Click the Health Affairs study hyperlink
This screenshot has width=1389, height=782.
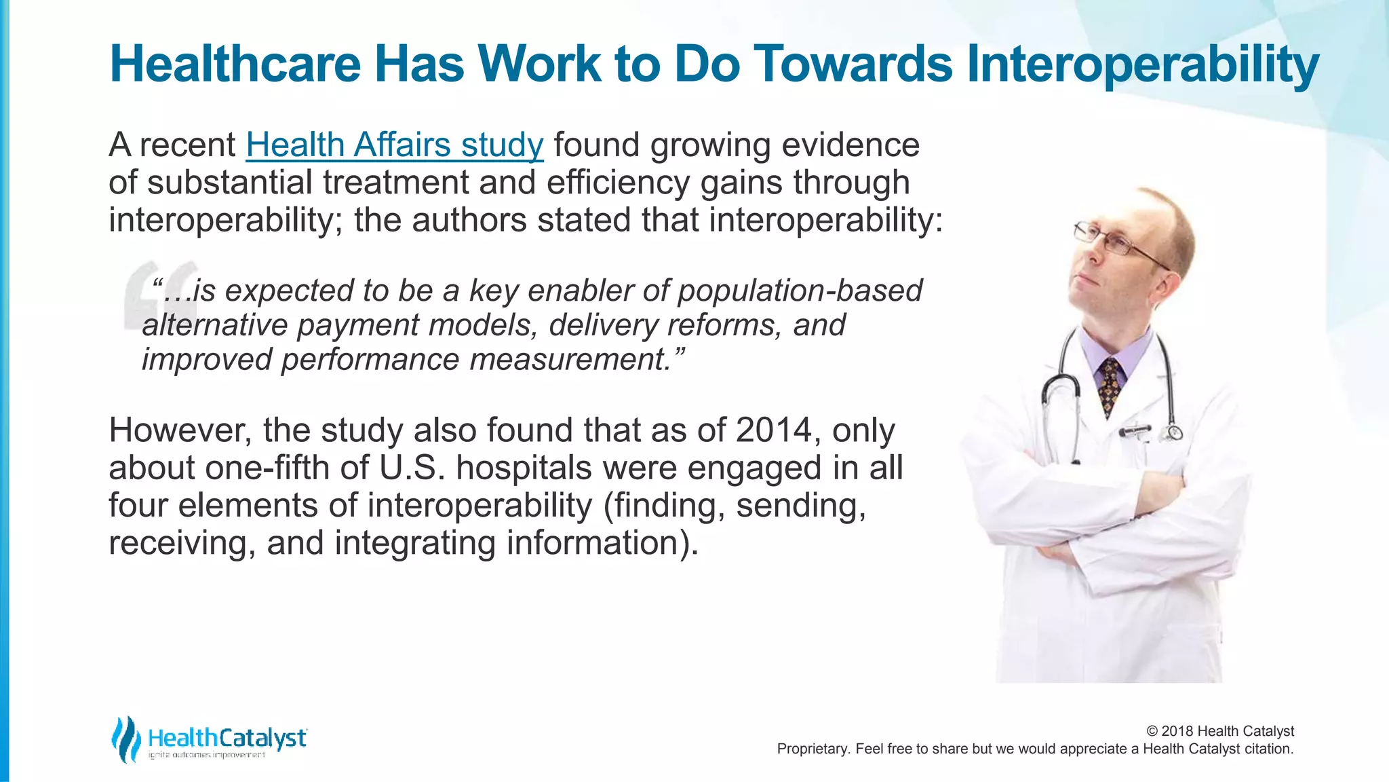[x=394, y=145]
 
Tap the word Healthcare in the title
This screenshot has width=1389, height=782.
[x=235, y=64]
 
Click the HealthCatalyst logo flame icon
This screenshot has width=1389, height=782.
[x=125, y=739]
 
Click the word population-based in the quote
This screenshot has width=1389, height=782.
[x=800, y=291]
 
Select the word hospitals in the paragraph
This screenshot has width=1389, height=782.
[x=524, y=468]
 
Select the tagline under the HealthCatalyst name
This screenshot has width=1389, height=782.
[x=206, y=756]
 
